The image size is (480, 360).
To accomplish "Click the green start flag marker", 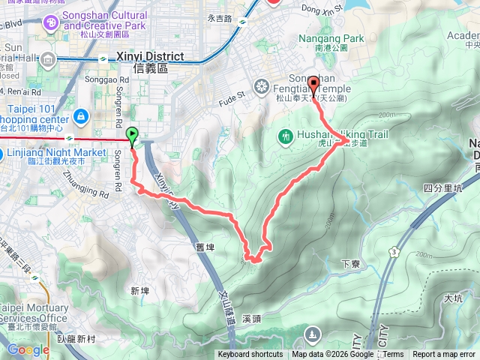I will (133, 136).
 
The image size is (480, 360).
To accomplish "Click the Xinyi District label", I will (151, 56).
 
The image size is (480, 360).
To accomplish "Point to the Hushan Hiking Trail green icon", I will (285, 136).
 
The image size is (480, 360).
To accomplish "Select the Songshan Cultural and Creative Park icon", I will (51, 22).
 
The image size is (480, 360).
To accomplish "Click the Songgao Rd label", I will (111, 79).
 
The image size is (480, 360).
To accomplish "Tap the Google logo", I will (28, 349).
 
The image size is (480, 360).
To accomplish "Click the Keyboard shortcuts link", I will (250, 355).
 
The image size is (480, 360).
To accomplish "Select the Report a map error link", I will (445, 355).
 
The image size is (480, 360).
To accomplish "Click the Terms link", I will (393, 355).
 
